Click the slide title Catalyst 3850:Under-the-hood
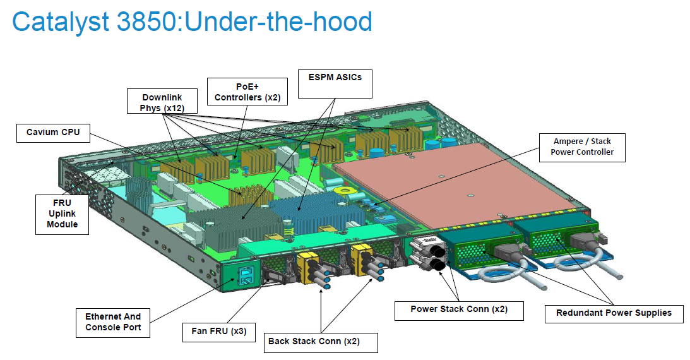[x=192, y=23]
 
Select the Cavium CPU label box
[x=53, y=133]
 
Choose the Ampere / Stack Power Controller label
[x=581, y=147]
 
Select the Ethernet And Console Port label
[x=113, y=321]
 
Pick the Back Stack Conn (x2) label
[x=321, y=342]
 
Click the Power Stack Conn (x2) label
[x=458, y=309]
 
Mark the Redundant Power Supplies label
[x=614, y=313]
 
